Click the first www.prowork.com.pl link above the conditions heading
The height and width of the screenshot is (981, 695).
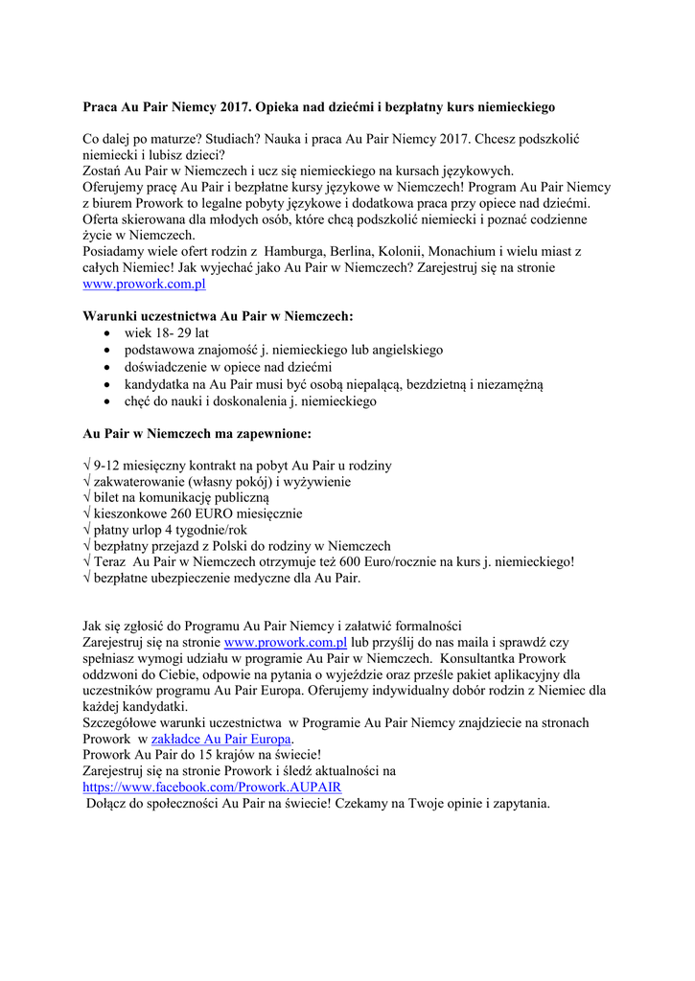144,285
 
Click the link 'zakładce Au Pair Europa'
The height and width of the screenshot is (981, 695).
222,740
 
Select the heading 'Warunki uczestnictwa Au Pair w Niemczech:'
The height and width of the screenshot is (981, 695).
218,315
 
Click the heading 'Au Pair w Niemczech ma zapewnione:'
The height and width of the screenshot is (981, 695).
197,434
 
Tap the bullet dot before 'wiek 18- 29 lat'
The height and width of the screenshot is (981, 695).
106,333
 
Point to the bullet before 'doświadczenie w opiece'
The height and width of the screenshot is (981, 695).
106,368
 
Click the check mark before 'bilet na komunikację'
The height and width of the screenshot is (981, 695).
87,496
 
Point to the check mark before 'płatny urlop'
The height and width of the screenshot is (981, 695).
87,529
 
